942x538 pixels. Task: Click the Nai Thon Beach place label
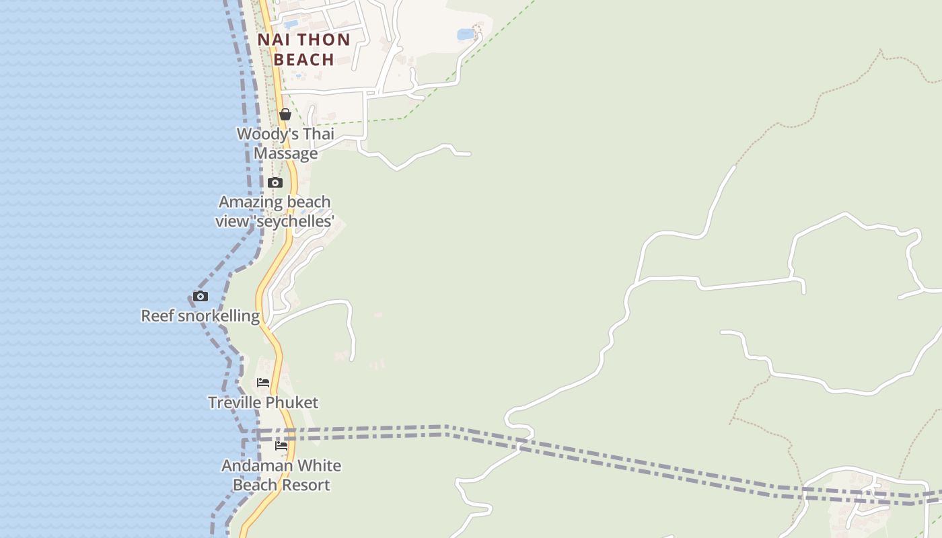[304, 49]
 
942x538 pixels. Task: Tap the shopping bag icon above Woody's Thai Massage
[285, 114]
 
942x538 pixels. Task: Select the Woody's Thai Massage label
[285, 143]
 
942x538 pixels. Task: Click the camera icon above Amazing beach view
[275, 183]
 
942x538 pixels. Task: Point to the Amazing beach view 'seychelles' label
[275, 211]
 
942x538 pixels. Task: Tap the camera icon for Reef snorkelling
[200, 297]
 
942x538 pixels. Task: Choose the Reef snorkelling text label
[200, 315]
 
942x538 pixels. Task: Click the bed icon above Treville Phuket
[263, 383]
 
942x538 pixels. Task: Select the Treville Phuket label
[263, 402]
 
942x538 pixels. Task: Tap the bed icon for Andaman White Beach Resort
[281, 446]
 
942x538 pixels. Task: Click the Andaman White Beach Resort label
[281, 475]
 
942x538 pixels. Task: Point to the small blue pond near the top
[465, 34]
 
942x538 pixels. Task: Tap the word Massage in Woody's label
[285, 153]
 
